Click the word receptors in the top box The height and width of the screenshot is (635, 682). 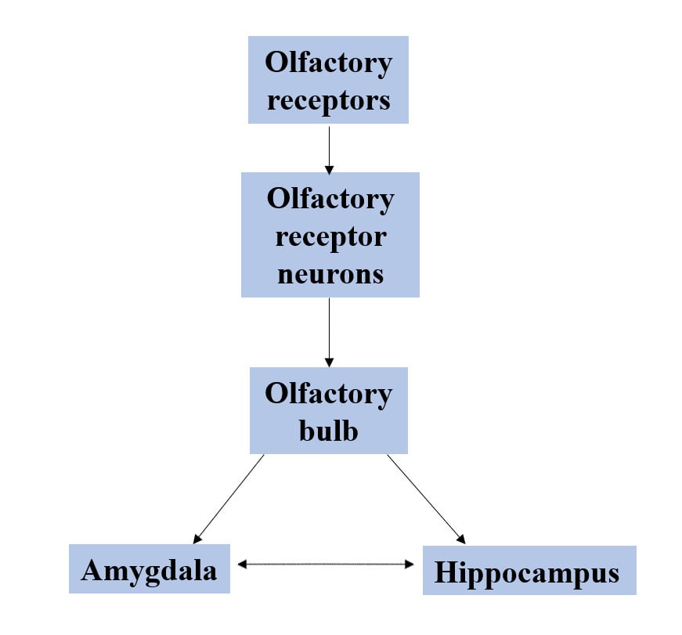(x=328, y=100)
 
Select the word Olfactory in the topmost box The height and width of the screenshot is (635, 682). (x=328, y=63)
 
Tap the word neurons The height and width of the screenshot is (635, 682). (x=329, y=273)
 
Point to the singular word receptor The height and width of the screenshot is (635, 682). (x=330, y=236)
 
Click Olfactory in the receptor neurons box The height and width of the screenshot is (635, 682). (x=330, y=199)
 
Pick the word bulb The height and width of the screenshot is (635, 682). (x=328, y=430)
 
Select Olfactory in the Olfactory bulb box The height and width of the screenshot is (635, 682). (x=328, y=393)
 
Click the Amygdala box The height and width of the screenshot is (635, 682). (x=149, y=569)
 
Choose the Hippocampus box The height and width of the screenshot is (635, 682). (x=529, y=572)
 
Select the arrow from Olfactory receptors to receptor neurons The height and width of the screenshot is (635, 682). (x=329, y=149)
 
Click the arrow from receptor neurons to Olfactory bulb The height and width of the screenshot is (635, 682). (x=329, y=332)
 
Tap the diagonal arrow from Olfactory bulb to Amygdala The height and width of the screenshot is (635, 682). (x=229, y=498)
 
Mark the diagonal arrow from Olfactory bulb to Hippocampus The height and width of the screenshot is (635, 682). (x=426, y=498)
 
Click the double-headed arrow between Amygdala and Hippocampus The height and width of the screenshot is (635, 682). (x=326, y=563)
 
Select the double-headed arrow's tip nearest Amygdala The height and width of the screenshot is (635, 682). (x=242, y=563)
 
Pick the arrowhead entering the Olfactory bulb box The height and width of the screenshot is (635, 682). (x=329, y=363)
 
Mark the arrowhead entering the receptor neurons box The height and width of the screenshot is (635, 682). (x=329, y=168)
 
